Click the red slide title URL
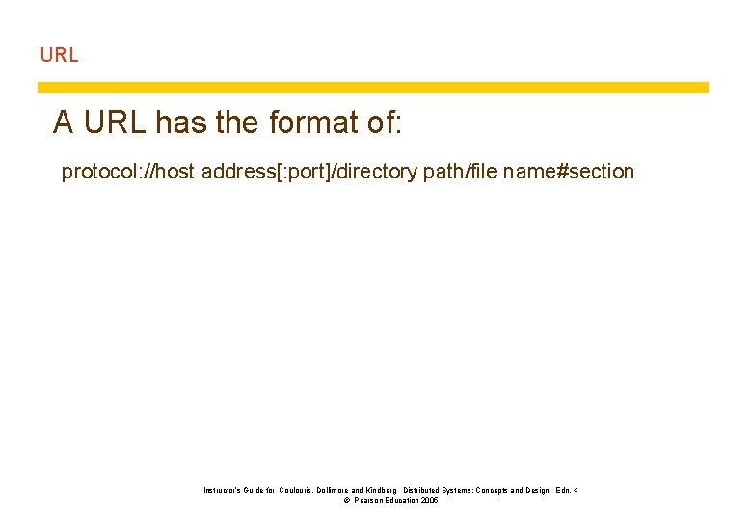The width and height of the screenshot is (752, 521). pyautogui.click(x=59, y=55)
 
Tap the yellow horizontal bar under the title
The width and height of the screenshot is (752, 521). pyautogui.click(x=372, y=87)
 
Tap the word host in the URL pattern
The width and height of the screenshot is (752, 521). pyautogui.click(x=174, y=172)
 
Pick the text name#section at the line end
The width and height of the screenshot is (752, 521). pyautogui.click(x=569, y=172)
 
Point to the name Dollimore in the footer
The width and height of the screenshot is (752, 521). pyautogui.click(x=344, y=491)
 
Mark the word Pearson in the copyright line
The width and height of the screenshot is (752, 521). pyautogui.click(x=371, y=501)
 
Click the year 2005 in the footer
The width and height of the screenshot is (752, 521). pyautogui.click(x=429, y=501)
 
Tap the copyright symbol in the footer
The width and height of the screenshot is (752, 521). pyautogui.click(x=346, y=501)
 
